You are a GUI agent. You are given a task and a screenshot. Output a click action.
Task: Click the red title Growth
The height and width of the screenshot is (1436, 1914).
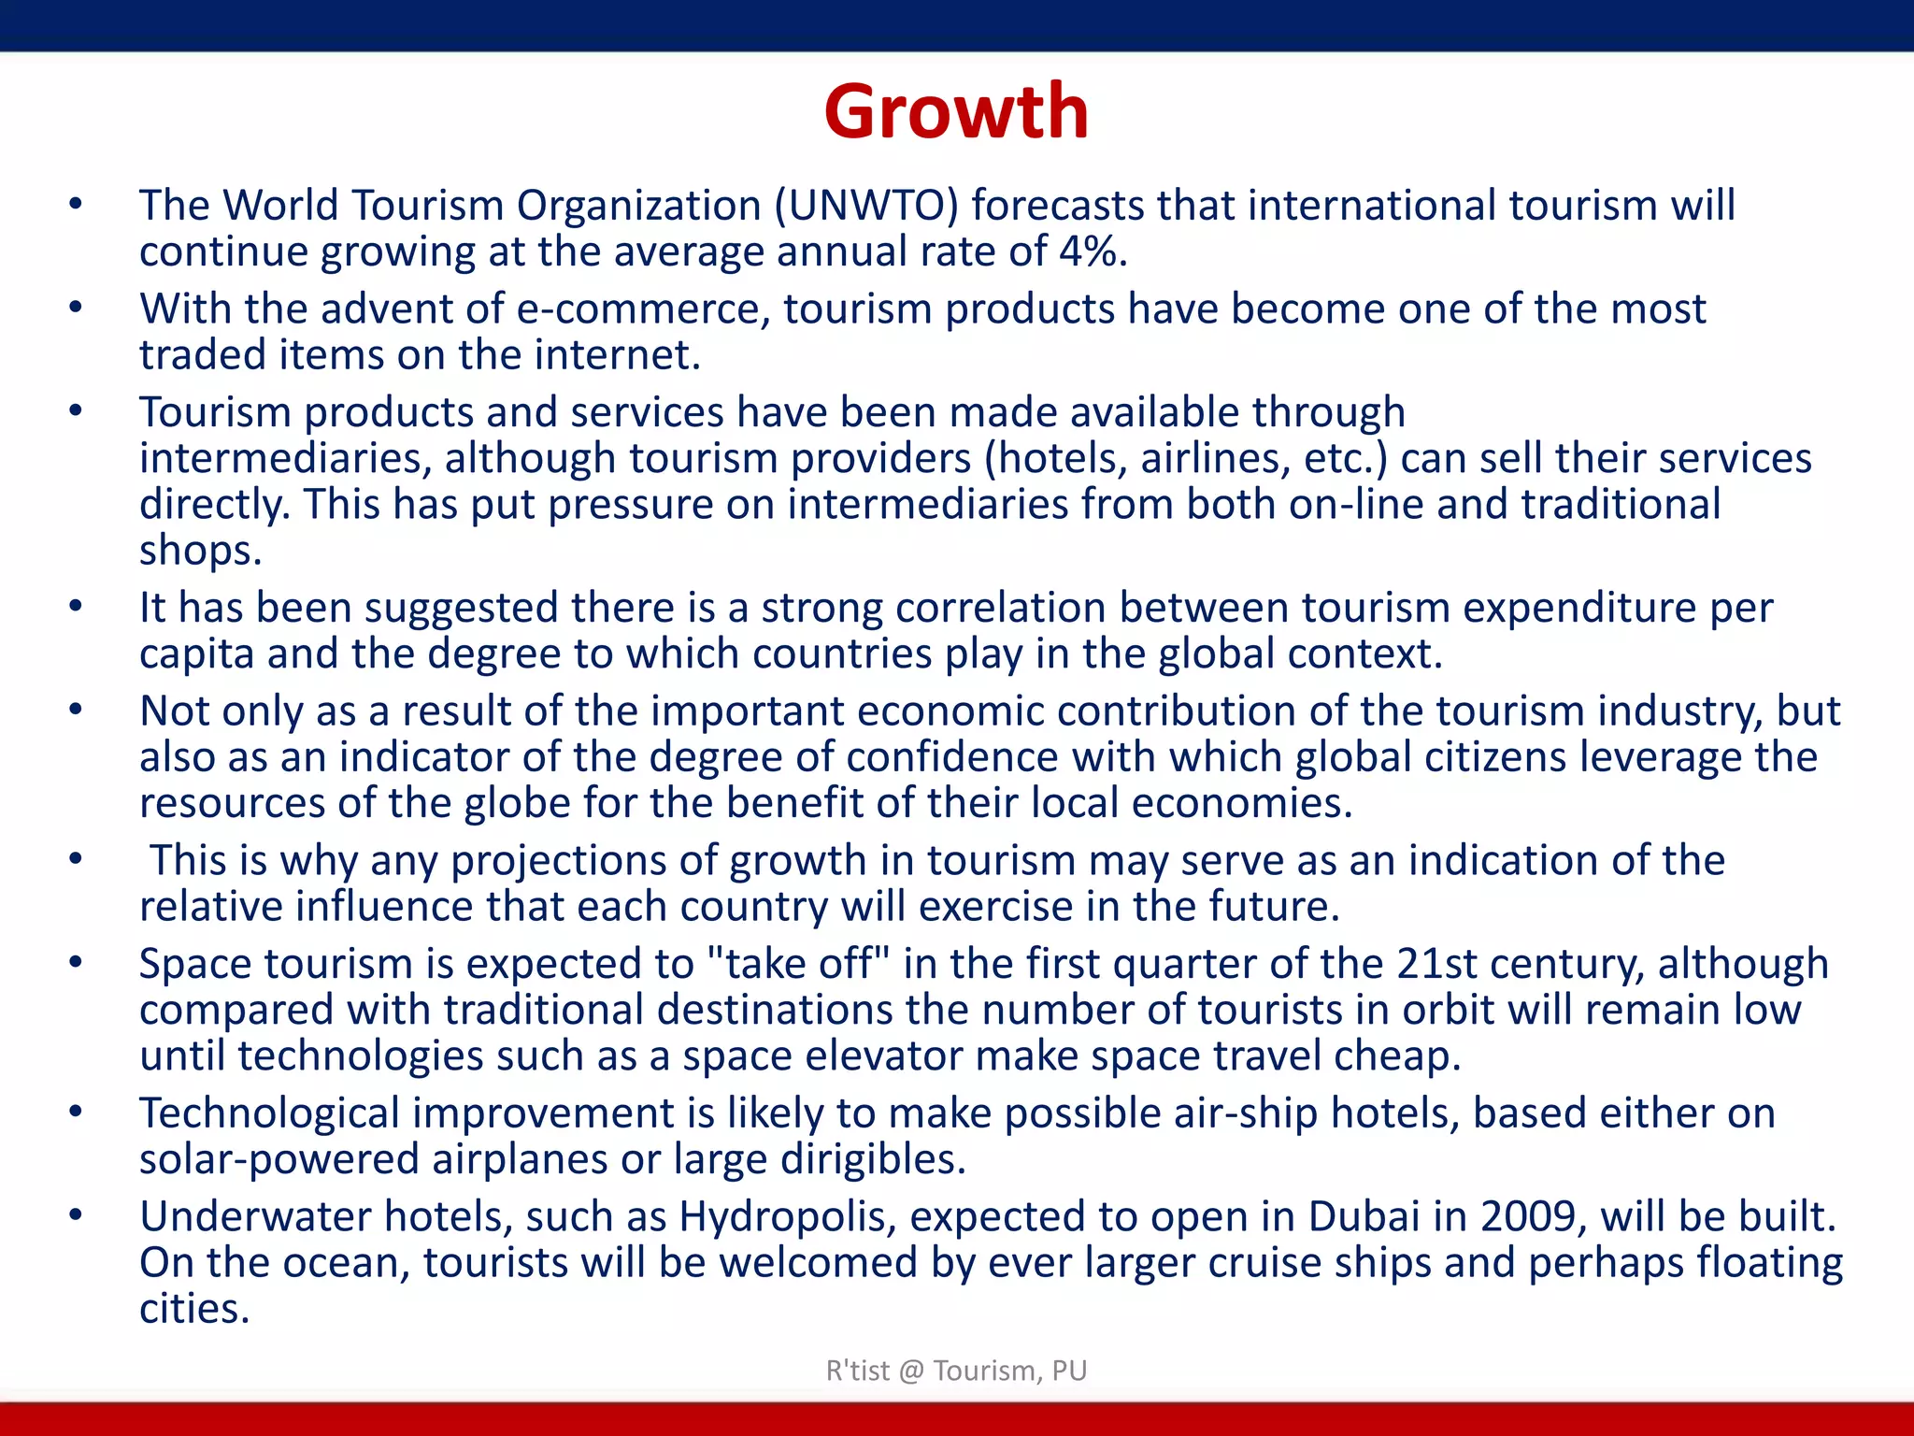coord(956,112)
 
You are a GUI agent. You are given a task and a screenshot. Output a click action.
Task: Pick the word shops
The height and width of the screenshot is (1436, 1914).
coord(199,551)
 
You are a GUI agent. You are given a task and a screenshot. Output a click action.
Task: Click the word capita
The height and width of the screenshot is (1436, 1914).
coord(196,653)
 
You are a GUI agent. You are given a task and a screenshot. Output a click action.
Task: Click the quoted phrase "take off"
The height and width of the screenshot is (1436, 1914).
coord(799,964)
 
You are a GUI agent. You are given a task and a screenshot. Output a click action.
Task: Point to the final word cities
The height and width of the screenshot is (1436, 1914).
coord(194,1309)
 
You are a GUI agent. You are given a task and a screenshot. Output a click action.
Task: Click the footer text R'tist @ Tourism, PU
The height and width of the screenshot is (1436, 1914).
coord(956,1371)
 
